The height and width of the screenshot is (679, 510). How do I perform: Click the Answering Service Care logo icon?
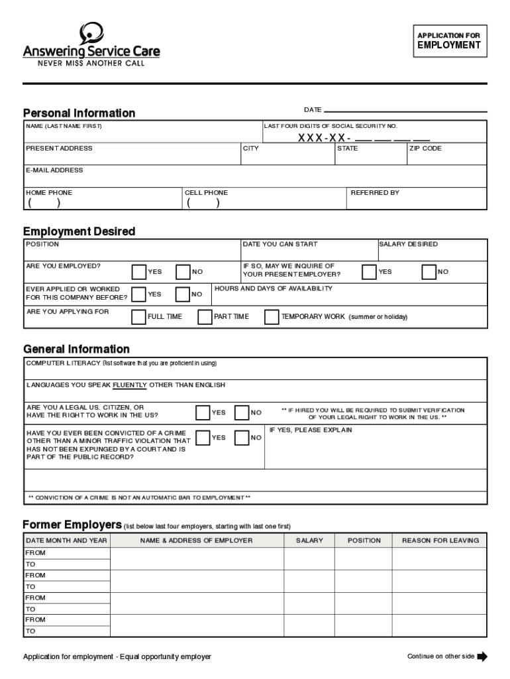91,33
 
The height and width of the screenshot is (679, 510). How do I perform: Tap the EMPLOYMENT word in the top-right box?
448,46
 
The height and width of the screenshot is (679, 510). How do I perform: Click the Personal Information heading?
79,113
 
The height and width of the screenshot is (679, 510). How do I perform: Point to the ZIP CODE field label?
425,149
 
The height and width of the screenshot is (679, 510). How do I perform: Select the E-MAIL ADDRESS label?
54,170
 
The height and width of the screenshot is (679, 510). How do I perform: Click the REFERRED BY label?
375,193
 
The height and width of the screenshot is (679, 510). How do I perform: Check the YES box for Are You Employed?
139,272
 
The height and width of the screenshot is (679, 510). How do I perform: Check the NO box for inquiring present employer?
429,272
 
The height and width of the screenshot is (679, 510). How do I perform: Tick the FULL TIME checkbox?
139,317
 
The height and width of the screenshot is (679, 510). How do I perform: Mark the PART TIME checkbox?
205,317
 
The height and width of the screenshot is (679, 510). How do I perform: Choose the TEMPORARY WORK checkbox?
272,317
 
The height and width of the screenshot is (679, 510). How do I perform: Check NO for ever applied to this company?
183,294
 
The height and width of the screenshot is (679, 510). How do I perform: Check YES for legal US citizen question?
203,412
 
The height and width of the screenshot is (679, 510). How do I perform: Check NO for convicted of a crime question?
242,438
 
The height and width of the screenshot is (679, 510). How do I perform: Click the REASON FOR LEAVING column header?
440,540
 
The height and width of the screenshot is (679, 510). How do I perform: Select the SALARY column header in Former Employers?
310,540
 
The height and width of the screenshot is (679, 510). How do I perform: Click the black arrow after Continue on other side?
482,657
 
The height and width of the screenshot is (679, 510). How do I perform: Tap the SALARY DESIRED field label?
408,245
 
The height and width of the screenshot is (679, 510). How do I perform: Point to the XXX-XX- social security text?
324,138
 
